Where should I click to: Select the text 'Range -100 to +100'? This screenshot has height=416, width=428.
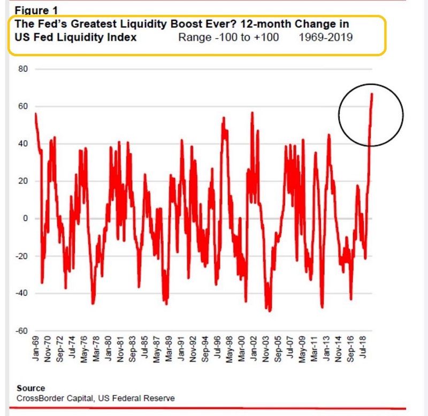click(x=228, y=37)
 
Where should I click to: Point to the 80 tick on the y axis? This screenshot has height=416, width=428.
click(x=22, y=69)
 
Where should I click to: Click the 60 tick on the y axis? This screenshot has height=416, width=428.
click(x=22, y=106)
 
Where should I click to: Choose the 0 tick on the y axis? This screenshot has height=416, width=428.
click(x=24, y=219)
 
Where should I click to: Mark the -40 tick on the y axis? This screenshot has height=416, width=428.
click(x=21, y=294)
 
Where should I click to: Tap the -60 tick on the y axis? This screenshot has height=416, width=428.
click(x=21, y=331)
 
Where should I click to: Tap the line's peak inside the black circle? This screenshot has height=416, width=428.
click(x=372, y=94)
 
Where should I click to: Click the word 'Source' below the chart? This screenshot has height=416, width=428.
click(x=31, y=388)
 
